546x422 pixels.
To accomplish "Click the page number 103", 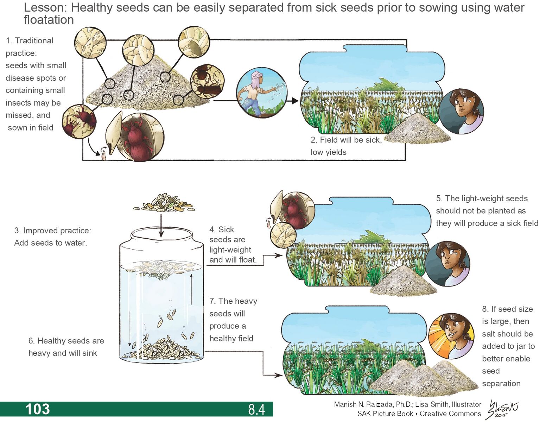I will point(37,409).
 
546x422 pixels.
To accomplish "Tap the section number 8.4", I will point(256,409).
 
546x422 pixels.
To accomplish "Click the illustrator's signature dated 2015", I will point(502,410).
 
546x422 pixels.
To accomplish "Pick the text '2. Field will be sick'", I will point(346,140).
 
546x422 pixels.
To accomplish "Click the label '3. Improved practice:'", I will point(52,231).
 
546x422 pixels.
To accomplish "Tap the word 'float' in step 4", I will point(247,260).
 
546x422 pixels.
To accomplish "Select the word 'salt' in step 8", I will point(489,334).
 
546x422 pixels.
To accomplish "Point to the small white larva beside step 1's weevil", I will point(104,155).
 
